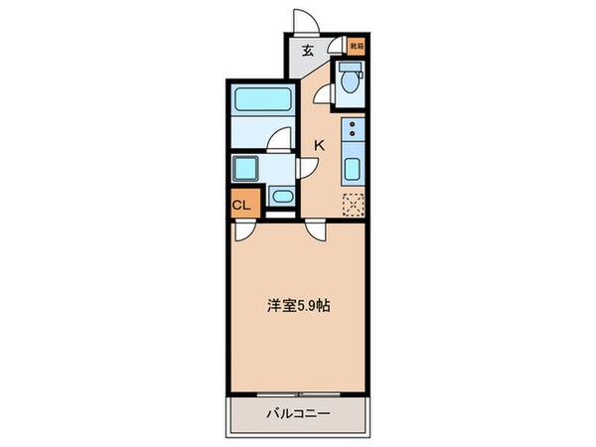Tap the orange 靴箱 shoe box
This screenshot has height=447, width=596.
click(x=356, y=45)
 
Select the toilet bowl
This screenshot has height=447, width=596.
click(x=350, y=85)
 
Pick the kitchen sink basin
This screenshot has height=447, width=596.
click(x=353, y=167)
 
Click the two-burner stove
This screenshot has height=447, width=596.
click(x=353, y=130)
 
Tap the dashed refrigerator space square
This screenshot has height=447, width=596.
click(x=353, y=203)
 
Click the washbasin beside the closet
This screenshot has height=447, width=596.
click(x=281, y=196)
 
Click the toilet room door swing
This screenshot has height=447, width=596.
click(x=322, y=94)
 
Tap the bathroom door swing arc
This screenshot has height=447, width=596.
click(x=281, y=139)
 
